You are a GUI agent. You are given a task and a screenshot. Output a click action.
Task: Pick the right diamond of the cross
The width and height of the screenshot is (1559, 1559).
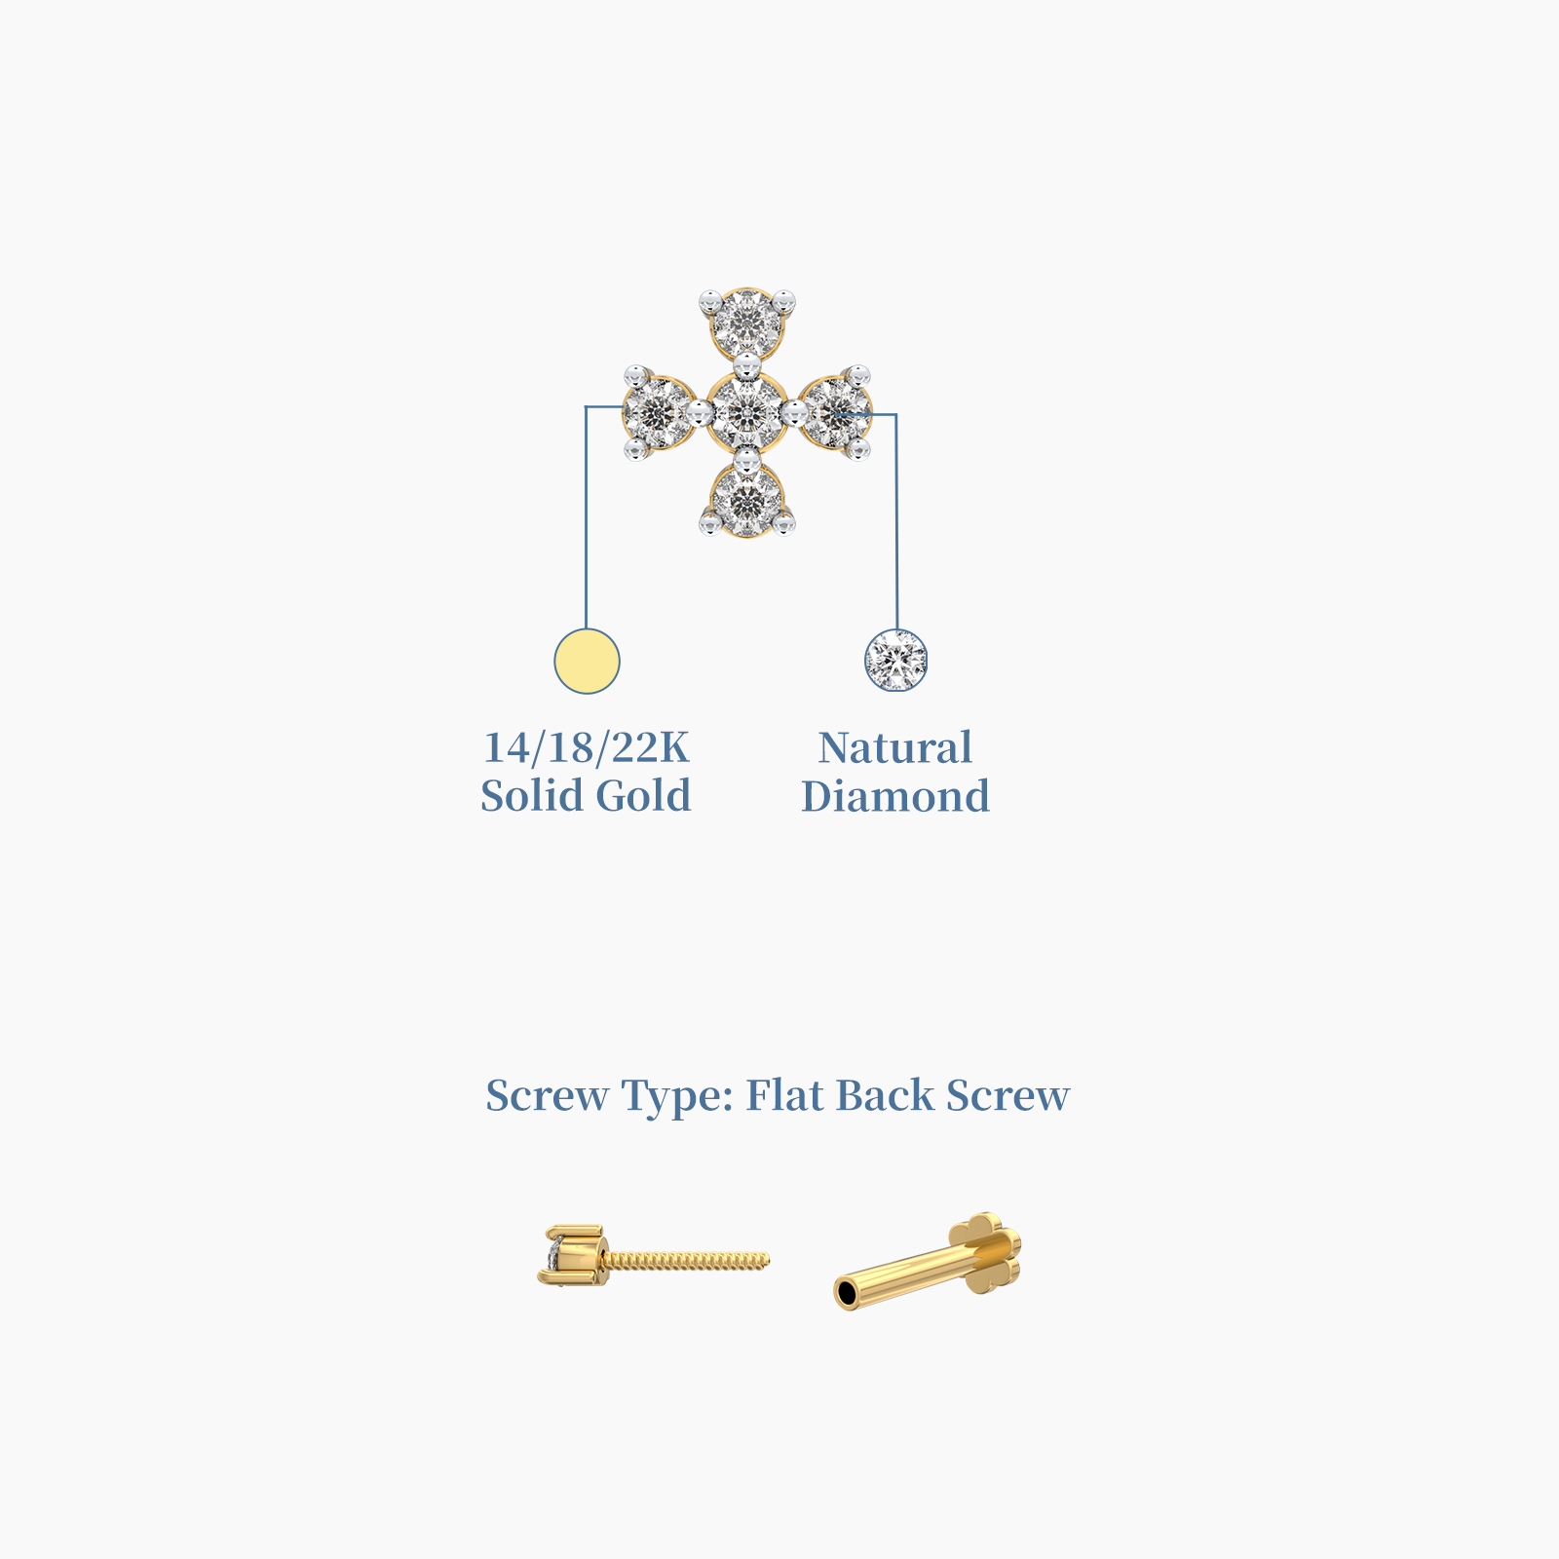coord(836,413)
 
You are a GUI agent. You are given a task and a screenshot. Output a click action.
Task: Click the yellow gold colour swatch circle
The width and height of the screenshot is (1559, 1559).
coord(587,661)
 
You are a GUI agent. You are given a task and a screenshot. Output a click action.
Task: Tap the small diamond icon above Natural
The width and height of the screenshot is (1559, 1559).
coord(896,661)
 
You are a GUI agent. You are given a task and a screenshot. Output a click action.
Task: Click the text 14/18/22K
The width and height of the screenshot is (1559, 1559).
coord(587,747)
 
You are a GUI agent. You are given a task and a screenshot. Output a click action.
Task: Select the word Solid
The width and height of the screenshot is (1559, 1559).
coord(531,795)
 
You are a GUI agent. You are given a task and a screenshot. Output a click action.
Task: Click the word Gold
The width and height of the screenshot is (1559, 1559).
coord(643,795)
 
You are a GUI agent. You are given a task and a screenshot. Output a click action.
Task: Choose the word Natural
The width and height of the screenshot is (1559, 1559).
coord(894,747)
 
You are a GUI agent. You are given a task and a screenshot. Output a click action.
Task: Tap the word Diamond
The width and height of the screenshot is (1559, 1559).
coord(895,795)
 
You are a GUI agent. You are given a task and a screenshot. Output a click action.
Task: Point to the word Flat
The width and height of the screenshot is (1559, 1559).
coord(784,1094)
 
